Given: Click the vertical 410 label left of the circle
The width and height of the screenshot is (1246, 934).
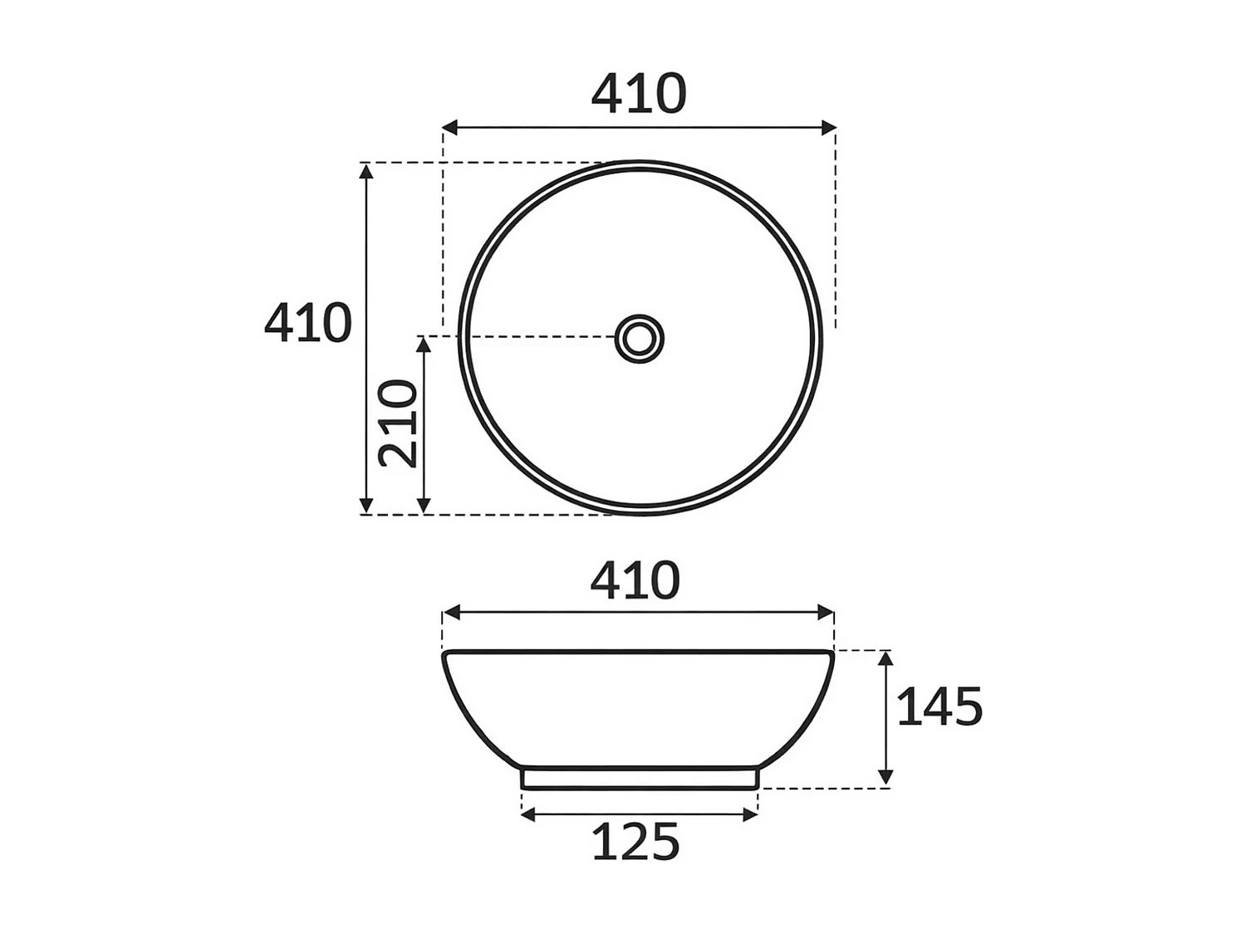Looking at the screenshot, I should [x=308, y=323].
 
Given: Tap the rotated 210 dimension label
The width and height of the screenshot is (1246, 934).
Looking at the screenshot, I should [x=398, y=423].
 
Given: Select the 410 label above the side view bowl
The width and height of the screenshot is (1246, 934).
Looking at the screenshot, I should [x=635, y=580].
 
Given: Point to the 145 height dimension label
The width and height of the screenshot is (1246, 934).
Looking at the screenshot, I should [x=939, y=707].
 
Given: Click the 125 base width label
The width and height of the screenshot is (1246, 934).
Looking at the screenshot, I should [x=635, y=842].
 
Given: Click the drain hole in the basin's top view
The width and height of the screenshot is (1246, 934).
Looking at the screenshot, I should [x=640, y=338].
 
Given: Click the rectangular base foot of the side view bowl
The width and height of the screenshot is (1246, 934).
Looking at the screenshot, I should [x=639, y=778].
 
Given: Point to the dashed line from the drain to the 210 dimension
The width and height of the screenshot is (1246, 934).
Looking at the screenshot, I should [x=532, y=337].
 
